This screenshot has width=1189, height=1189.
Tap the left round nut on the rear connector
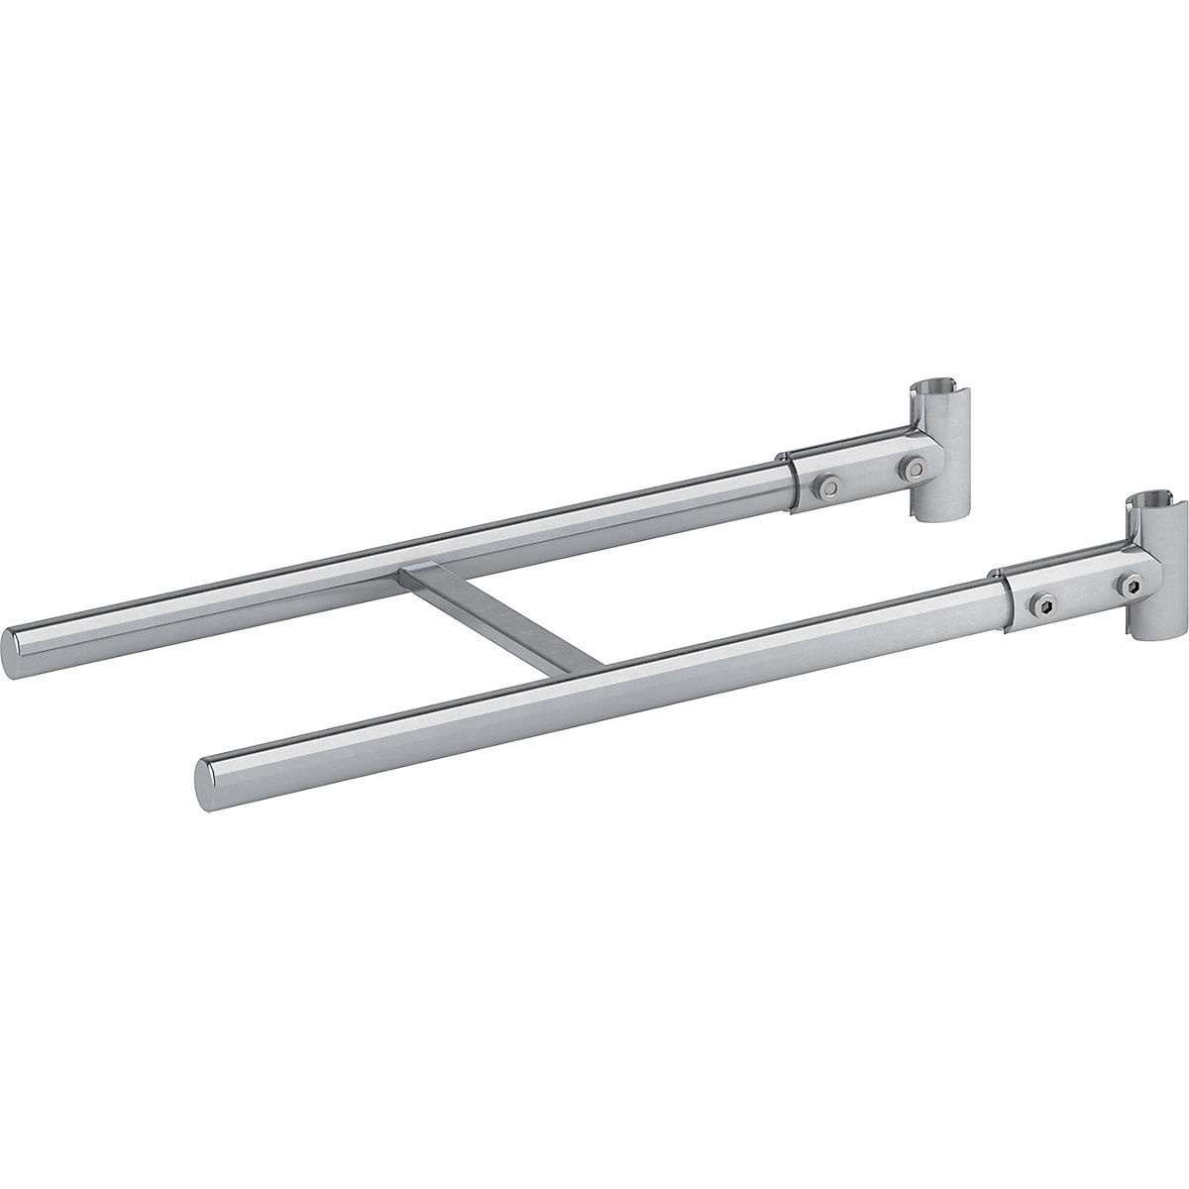point(825,484)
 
